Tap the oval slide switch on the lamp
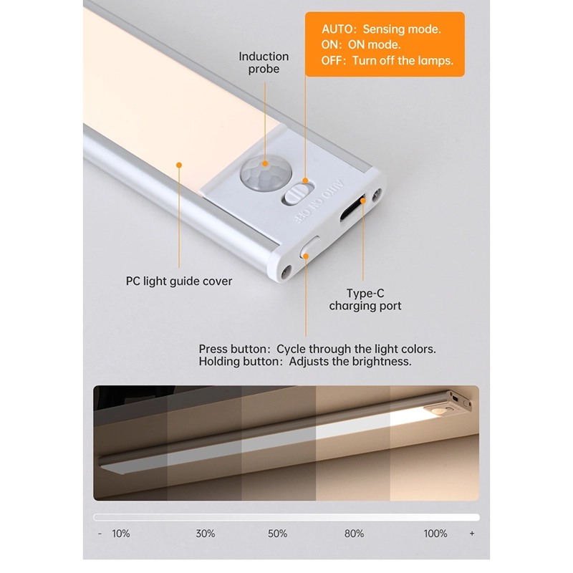[297, 193]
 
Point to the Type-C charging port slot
[352, 208]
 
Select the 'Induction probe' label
[264, 62]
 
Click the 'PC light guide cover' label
[179, 281]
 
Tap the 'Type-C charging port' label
[365, 299]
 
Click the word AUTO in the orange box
[337, 29]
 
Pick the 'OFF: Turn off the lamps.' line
[387, 61]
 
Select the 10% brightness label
[121, 534]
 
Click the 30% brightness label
[206, 534]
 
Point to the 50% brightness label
[277, 534]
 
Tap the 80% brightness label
[354, 534]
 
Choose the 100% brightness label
[435, 534]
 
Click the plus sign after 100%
[472, 534]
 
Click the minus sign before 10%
[100, 534]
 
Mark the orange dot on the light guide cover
[179, 165]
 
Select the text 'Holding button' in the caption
[239, 362]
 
